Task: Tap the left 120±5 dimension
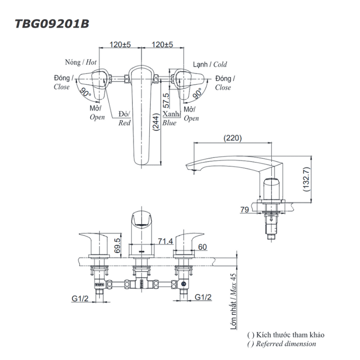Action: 120,45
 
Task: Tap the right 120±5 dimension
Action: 162,45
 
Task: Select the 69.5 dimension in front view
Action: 118,247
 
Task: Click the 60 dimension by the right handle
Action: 202,247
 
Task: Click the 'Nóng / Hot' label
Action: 80,62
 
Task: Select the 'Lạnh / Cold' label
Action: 210,64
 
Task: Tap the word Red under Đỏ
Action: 124,123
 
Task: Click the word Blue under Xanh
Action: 169,123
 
